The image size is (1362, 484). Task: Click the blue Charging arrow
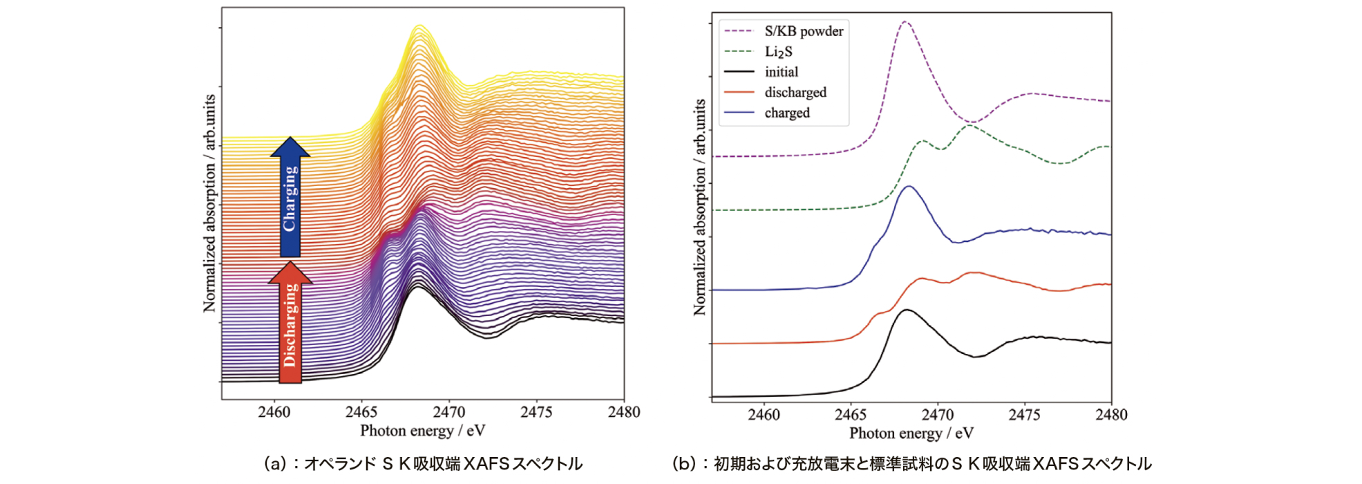tap(290, 197)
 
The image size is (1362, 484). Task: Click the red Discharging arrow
tap(290, 324)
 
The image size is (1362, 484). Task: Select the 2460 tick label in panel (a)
tap(274, 412)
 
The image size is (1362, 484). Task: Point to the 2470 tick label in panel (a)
tap(449, 412)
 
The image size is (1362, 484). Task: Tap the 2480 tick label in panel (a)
tap(623, 412)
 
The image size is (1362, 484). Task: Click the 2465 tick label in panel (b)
tap(851, 415)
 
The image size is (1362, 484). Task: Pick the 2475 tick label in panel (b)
tap(1024, 415)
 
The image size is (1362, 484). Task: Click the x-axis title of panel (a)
tap(422, 431)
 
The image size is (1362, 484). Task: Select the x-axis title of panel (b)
tap(911, 434)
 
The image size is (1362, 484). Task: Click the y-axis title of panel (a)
tap(209, 203)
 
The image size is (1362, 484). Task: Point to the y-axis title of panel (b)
tap(699, 207)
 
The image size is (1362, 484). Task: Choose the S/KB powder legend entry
tap(803, 31)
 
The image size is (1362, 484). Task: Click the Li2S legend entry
tap(778, 52)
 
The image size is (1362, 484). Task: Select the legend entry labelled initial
tap(781, 72)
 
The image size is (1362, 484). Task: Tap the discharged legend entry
tap(795, 93)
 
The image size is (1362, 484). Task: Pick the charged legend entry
tap(786, 113)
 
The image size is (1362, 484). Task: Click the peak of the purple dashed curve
tap(905, 22)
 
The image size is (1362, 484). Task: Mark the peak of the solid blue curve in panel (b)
tap(909, 186)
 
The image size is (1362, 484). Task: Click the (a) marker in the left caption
tap(276, 464)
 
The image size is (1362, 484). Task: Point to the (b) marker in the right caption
tap(685, 464)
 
